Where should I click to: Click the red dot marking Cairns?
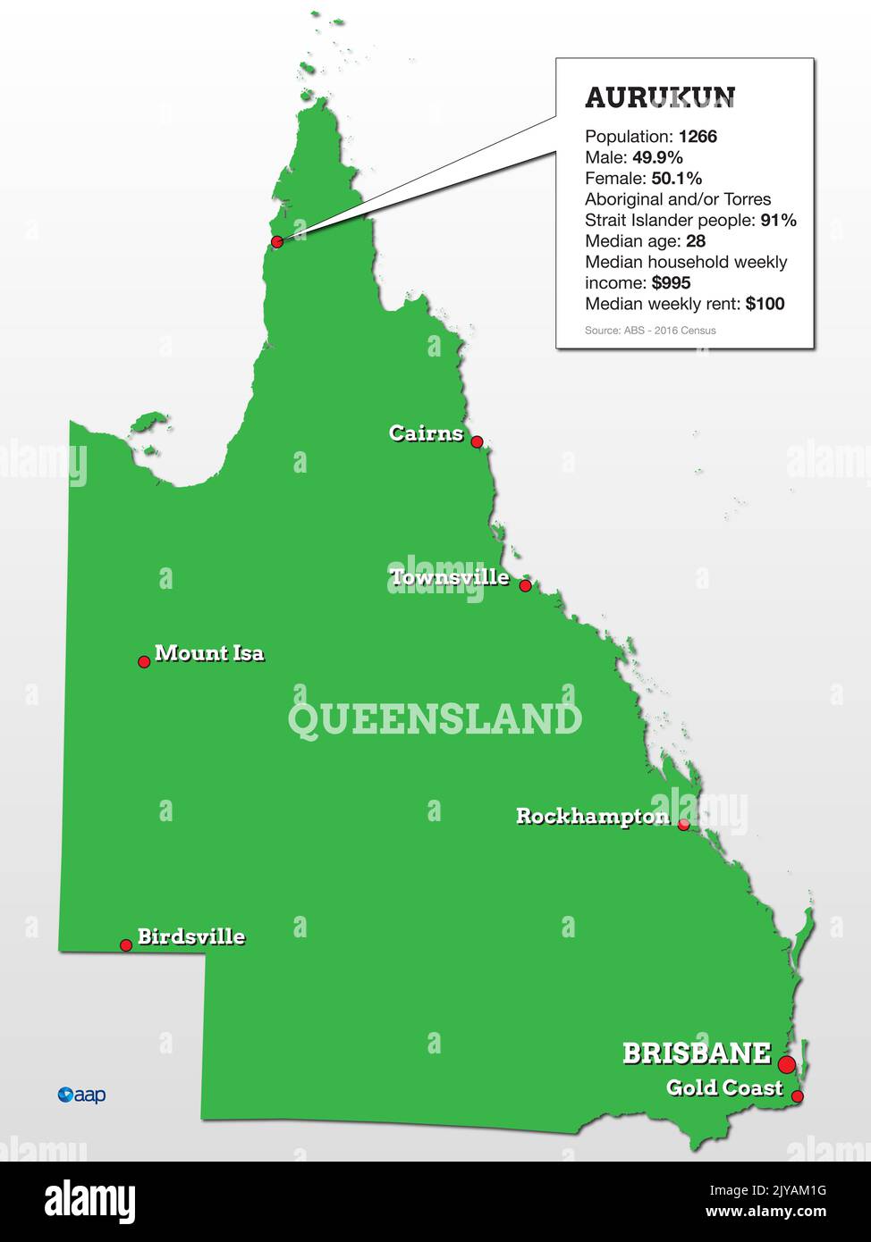coord(477,441)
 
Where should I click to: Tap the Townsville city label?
coord(450,577)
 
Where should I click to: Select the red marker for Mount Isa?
coord(144,662)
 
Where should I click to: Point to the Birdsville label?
coord(190,936)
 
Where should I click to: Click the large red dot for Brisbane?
coord(786,1064)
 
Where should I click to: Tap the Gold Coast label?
coord(724,1087)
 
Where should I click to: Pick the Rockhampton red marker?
coord(683,825)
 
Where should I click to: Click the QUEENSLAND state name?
coord(435,719)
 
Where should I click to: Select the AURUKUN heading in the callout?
coord(660,97)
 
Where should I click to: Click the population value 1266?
coord(698,137)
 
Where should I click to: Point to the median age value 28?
coord(696,241)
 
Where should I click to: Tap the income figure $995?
coord(672,283)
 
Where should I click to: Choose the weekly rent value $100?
coord(765,304)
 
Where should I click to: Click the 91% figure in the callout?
coord(778,221)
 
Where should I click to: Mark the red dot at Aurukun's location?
coord(277,242)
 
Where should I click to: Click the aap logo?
coord(81,1095)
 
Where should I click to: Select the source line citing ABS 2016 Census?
coord(650,331)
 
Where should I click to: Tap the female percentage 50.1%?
coord(676,179)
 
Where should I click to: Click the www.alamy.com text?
coord(765,1213)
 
